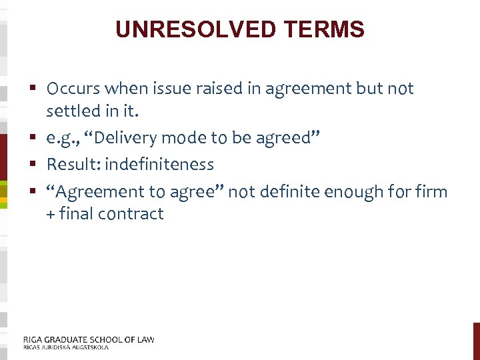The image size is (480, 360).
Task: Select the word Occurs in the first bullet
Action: [x=73, y=89]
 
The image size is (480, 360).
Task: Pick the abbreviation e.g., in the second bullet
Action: [x=65, y=138]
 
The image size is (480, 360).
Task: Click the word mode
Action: [x=188, y=138]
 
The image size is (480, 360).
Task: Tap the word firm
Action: [x=432, y=193]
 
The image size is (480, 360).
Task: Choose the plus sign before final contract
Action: [x=51, y=215]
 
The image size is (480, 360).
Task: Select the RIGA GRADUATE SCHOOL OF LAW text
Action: [x=88, y=339]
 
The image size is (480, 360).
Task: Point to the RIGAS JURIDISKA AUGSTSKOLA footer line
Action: [x=65, y=347]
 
